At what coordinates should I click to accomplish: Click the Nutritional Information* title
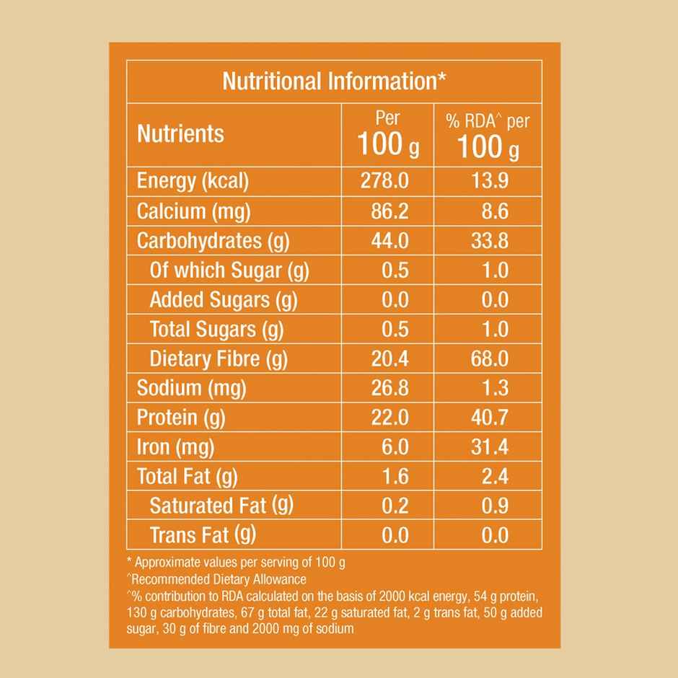pos(334,81)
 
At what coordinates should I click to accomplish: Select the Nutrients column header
pos(180,134)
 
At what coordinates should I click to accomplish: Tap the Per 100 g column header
pos(388,135)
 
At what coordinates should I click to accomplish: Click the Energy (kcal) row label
pos(193,181)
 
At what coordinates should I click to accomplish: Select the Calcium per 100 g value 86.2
pos(389,211)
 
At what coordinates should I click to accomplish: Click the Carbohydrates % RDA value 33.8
pos(490,241)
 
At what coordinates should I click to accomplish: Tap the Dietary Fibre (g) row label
pos(219,358)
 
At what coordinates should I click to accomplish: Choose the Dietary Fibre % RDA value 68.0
pos(490,358)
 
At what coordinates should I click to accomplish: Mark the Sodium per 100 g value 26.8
pos(389,388)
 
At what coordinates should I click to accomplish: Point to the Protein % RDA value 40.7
pos(490,418)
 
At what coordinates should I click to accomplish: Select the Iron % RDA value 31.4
pos(490,447)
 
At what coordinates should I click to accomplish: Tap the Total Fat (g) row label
pos(187,477)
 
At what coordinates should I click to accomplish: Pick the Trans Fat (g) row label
pos(203,535)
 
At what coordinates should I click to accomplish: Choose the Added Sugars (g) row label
pos(223,299)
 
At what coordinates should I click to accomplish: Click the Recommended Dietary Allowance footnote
pos(217,579)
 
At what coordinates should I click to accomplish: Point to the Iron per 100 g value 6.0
pos(394,447)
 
